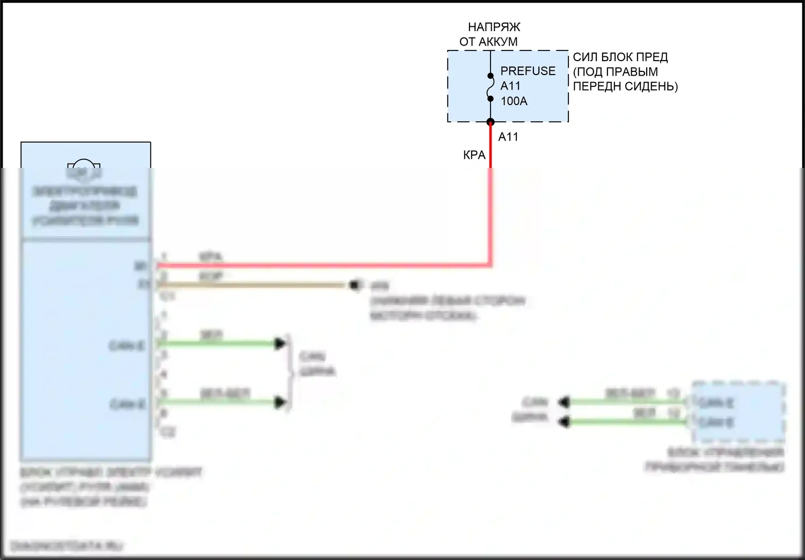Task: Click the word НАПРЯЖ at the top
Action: coord(494,27)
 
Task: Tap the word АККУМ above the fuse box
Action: coord(497,41)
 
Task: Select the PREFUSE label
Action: coord(528,71)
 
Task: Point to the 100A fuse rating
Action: coord(514,101)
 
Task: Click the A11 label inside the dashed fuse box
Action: coord(510,86)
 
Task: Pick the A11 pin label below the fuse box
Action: coord(508,137)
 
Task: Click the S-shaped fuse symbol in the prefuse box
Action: coord(490,87)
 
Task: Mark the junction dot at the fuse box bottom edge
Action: coord(490,122)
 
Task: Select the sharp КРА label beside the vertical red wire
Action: coord(474,155)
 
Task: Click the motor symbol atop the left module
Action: coord(83,170)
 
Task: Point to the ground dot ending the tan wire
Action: coord(355,285)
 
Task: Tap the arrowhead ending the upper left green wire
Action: coord(280,343)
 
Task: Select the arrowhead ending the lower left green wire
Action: coord(280,402)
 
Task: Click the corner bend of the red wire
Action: coord(489,264)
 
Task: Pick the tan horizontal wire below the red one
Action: coord(252,285)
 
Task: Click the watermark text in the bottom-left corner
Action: coord(67,546)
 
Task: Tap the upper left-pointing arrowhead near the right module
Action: coord(563,401)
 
